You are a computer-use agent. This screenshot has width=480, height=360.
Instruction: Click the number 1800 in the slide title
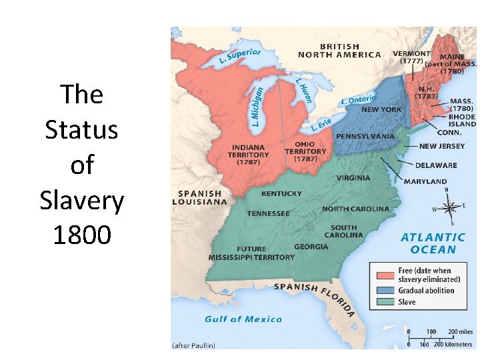[82, 235]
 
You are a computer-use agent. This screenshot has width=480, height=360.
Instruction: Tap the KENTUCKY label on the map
[281, 194]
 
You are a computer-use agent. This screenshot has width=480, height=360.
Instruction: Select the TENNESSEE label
[268, 214]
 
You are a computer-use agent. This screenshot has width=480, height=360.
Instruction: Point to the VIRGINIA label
[353, 179]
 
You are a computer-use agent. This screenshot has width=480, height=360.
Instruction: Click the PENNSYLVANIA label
[365, 136]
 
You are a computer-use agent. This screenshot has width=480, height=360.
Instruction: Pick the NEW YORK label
[381, 109]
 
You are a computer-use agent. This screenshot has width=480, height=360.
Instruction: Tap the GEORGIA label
[311, 247]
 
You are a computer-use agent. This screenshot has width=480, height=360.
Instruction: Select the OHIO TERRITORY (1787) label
[305, 151]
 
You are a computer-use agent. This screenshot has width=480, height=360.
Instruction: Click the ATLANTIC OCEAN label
[433, 243]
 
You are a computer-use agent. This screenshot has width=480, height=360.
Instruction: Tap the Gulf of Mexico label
[243, 319]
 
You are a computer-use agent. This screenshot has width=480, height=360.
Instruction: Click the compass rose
[446, 207]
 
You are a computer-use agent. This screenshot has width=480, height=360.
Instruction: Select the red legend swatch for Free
[385, 275]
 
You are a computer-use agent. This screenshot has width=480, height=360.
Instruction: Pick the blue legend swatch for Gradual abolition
[385, 291]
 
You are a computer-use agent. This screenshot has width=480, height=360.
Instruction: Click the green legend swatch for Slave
[385, 302]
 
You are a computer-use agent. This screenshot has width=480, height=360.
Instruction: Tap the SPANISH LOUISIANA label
[197, 197]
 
